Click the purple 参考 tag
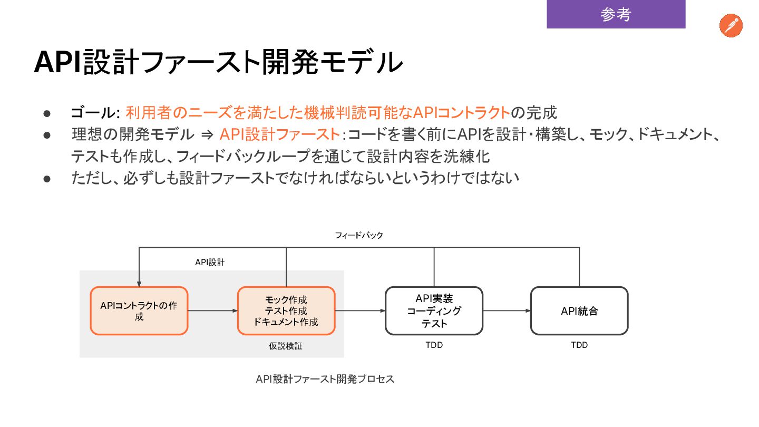pos(616,14)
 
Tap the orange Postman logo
pos(731,26)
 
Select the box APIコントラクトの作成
pos(139,311)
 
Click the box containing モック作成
pos(286,311)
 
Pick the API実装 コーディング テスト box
pos(434,311)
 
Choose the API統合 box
pos(579,311)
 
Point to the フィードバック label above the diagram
pos(359,235)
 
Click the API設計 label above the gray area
pos(210,262)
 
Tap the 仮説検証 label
pos(286,346)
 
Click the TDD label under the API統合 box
pos(579,345)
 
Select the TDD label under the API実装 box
pos(434,345)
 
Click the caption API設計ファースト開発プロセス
pos(325,379)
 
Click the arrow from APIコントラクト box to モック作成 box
pos(213,311)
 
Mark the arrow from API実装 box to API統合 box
pos(507,311)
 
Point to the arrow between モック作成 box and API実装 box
pos(360,311)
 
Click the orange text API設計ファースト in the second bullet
pos(279,135)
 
